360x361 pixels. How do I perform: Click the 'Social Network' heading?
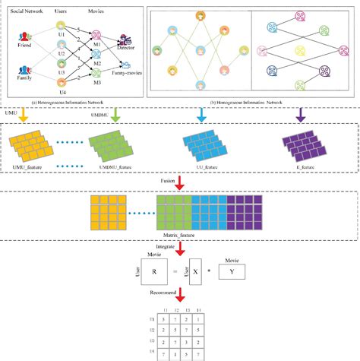pyautogui.click(x=22, y=11)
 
